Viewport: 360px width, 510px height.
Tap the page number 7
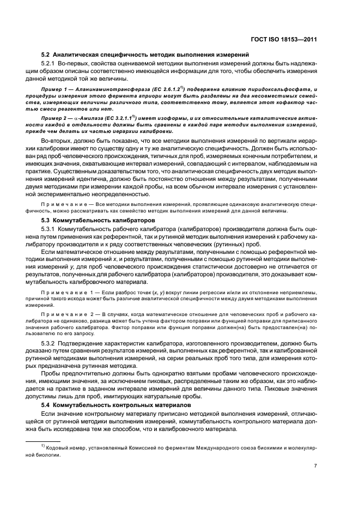[315, 466]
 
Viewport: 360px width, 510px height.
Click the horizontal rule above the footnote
[43, 440]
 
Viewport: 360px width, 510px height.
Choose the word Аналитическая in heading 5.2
[80, 54]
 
